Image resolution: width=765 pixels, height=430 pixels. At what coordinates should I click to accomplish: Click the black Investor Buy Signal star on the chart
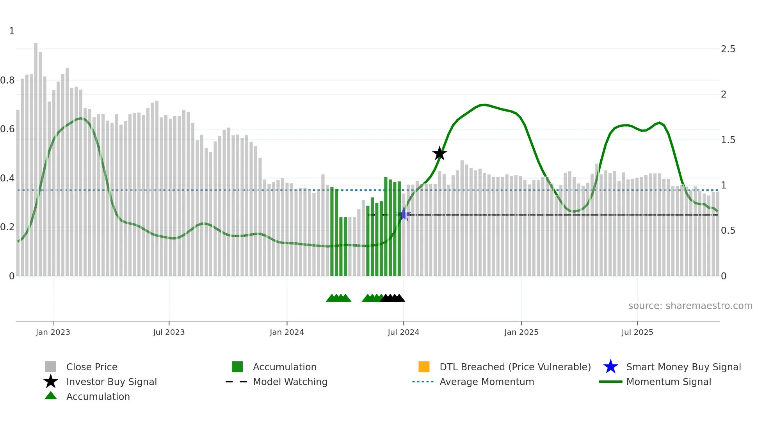pyautogui.click(x=439, y=154)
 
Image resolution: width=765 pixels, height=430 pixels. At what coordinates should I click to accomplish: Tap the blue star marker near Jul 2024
pyautogui.click(x=404, y=214)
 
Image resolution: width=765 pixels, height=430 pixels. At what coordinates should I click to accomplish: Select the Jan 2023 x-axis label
pyautogui.click(x=53, y=332)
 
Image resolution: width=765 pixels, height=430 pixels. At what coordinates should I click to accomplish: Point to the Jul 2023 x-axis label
pyautogui.click(x=169, y=332)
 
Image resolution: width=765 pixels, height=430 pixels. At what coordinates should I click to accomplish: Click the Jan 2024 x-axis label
pyautogui.click(x=286, y=332)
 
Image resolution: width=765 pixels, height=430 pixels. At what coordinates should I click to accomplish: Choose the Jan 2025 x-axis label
pyautogui.click(x=521, y=332)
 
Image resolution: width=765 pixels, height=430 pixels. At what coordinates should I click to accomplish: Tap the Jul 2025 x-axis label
pyautogui.click(x=637, y=332)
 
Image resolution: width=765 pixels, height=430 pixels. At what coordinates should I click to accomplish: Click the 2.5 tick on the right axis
pyautogui.click(x=728, y=49)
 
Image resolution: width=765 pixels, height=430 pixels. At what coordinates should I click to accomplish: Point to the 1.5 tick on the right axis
pyautogui.click(x=728, y=140)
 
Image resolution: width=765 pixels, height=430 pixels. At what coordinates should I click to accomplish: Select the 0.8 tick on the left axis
pyautogui.click(x=7, y=80)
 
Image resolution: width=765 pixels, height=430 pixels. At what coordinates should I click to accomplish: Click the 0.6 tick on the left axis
pyautogui.click(x=7, y=129)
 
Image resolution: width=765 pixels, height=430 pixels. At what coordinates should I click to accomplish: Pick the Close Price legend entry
pyautogui.click(x=91, y=367)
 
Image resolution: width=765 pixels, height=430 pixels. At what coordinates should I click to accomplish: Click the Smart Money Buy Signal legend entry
pyautogui.click(x=683, y=367)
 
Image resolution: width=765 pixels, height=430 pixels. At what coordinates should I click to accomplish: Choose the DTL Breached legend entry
pyautogui.click(x=515, y=367)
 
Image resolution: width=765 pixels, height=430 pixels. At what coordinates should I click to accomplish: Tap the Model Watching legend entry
pyautogui.click(x=290, y=382)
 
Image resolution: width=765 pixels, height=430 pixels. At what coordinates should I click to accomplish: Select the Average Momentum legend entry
pyautogui.click(x=486, y=382)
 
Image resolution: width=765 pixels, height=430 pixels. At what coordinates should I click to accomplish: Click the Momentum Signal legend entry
pyautogui.click(x=668, y=382)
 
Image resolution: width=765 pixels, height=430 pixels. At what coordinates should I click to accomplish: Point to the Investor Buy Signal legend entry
pyautogui.click(x=111, y=382)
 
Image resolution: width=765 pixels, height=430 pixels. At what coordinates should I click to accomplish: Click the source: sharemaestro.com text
pyautogui.click(x=690, y=306)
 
